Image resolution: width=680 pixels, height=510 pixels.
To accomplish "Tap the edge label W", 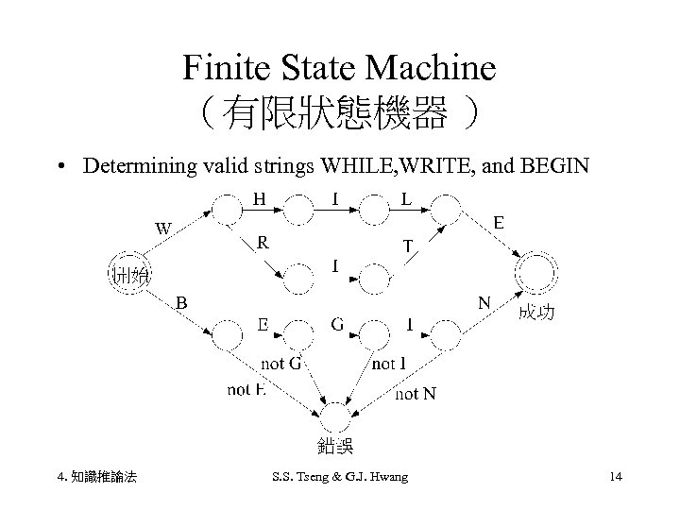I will point(164,228).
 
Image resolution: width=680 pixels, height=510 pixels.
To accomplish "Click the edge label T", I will point(407,246).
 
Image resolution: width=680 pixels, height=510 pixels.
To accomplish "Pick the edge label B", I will point(182,302).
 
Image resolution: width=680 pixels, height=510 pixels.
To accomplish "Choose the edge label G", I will point(337,325).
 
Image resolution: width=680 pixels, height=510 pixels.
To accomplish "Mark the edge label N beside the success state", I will point(484,303).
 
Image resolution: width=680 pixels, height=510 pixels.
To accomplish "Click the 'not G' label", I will point(280,364).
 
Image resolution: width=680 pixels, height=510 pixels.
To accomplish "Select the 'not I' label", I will point(389,364).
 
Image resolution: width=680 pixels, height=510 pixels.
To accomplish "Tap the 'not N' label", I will point(416,393).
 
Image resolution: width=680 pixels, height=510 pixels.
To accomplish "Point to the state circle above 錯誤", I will point(336,416).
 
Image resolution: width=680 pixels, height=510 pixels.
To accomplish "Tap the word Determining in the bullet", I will point(140,167).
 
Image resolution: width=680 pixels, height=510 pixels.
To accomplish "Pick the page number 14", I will point(616,478).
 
